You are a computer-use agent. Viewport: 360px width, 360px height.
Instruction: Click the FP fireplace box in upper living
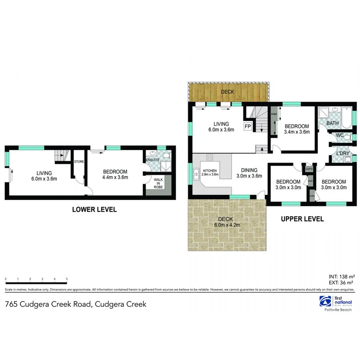[248, 127]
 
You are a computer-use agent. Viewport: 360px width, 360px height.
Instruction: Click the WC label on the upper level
[340, 136]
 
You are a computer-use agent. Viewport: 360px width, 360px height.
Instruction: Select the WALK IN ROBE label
[158, 183]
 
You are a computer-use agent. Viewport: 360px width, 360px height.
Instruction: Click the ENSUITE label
[153, 160]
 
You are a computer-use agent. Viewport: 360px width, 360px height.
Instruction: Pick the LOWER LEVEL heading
[94, 209]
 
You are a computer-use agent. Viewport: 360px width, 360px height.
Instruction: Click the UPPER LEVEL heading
[302, 219]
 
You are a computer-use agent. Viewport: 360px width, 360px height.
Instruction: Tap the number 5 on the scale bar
[67, 278]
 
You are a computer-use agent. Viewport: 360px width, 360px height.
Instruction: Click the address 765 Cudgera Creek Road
[76, 304]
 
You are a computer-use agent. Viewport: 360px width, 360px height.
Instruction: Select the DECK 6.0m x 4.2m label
[227, 222]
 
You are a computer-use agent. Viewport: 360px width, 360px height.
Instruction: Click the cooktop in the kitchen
[209, 157]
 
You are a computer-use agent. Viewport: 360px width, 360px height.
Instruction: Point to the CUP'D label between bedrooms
[308, 169]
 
